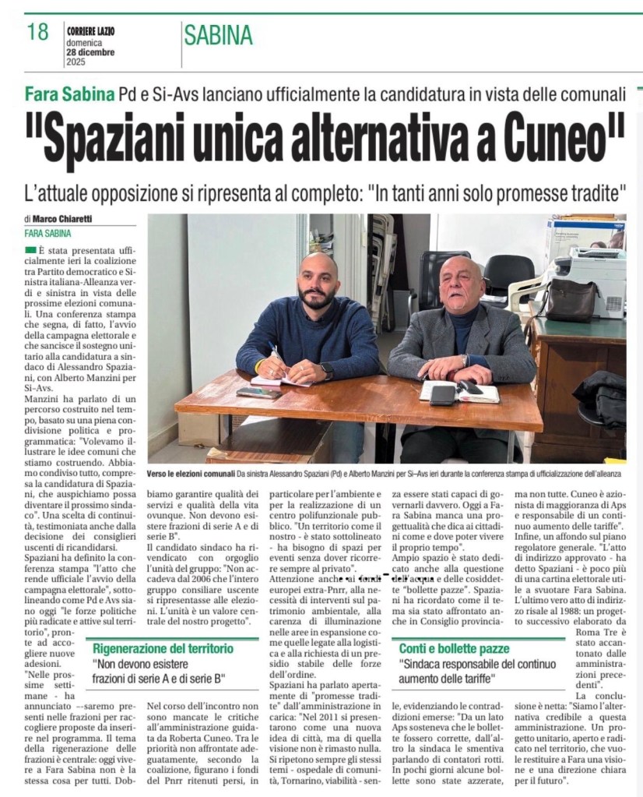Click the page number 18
coord(37,32)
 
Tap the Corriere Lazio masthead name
coord(90,30)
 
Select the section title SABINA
coord(219,35)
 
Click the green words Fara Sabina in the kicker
coord(69,94)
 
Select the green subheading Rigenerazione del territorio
coord(163,648)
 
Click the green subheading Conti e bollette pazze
coord(455,648)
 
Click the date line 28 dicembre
coord(90,53)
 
